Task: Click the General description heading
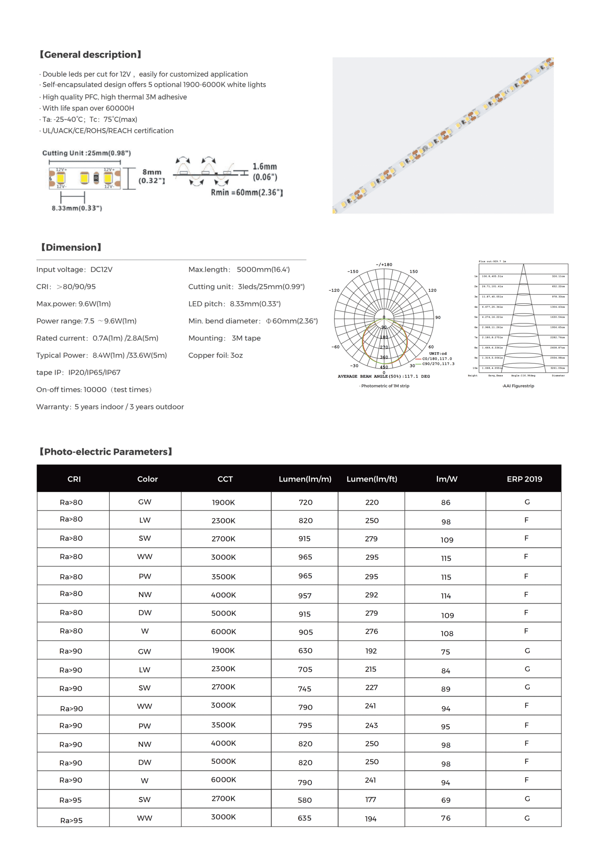90,55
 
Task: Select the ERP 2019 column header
524,479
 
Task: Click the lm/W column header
446,479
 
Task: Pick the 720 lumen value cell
305,502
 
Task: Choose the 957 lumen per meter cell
305,596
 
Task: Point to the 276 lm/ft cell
371,631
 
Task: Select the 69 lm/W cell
446,800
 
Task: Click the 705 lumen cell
305,669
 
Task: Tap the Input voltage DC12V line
74,269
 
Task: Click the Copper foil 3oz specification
215,355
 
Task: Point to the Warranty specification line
110,407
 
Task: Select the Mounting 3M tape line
224,338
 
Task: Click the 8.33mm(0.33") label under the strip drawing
77,208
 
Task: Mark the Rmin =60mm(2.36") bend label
247,193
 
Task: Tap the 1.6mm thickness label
265,166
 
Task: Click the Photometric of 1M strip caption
385,386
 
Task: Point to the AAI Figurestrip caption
518,386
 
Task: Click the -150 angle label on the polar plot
353,271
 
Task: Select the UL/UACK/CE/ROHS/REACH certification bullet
108,131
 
